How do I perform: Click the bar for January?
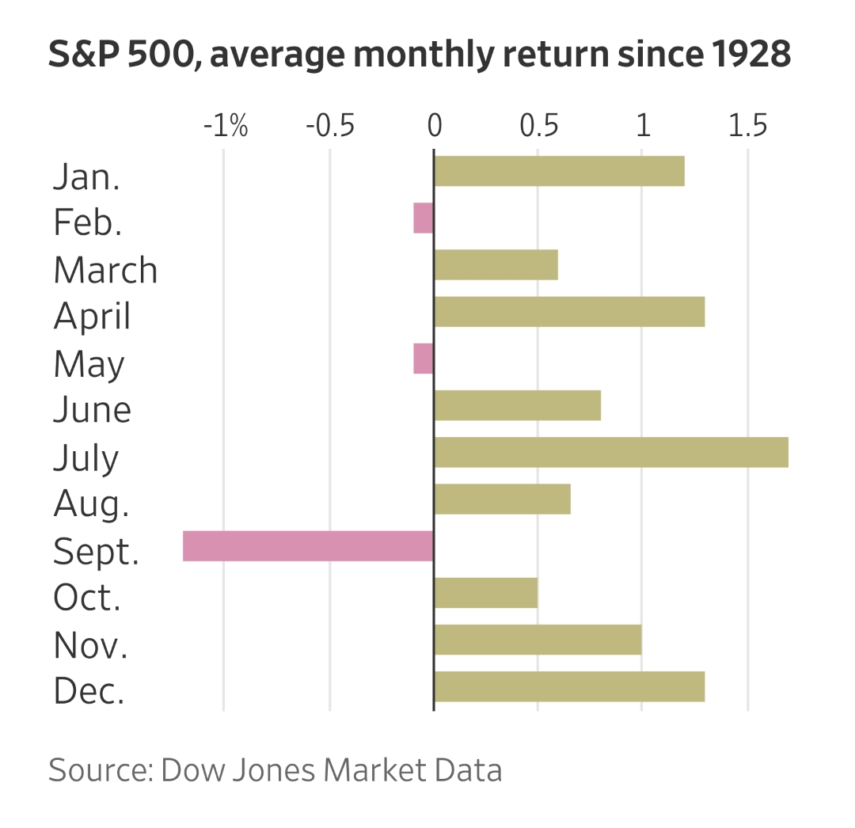pyautogui.click(x=559, y=171)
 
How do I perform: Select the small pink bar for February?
pyautogui.click(x=424, y=218)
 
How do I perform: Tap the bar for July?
pyautogui.click(x=610, y=452)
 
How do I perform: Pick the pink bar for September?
pyautogui.click(x=308, y=546)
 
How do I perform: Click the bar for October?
pyautogui.click(x=486, y=593)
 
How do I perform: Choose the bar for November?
pyautogui.click(x=538, y=640)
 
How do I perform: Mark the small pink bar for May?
pyautogui.click(x=424, y=359)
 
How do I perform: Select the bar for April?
pyautogui.click(x=569, y=311)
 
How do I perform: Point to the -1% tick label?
pyautogui.click(x=226, y=126)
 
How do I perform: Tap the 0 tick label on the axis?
pyautogui.click(x=434, y=126)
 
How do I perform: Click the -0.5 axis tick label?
pyautogui.click(x=329, y=126)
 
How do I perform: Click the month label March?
pyautogui.click(x=105, y=270)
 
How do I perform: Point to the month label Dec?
pyautogui.click(x=89, y=692)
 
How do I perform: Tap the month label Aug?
pyautogui.click(x=91, y=503)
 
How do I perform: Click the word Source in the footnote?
pyautogui.click(x=99, y=769)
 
